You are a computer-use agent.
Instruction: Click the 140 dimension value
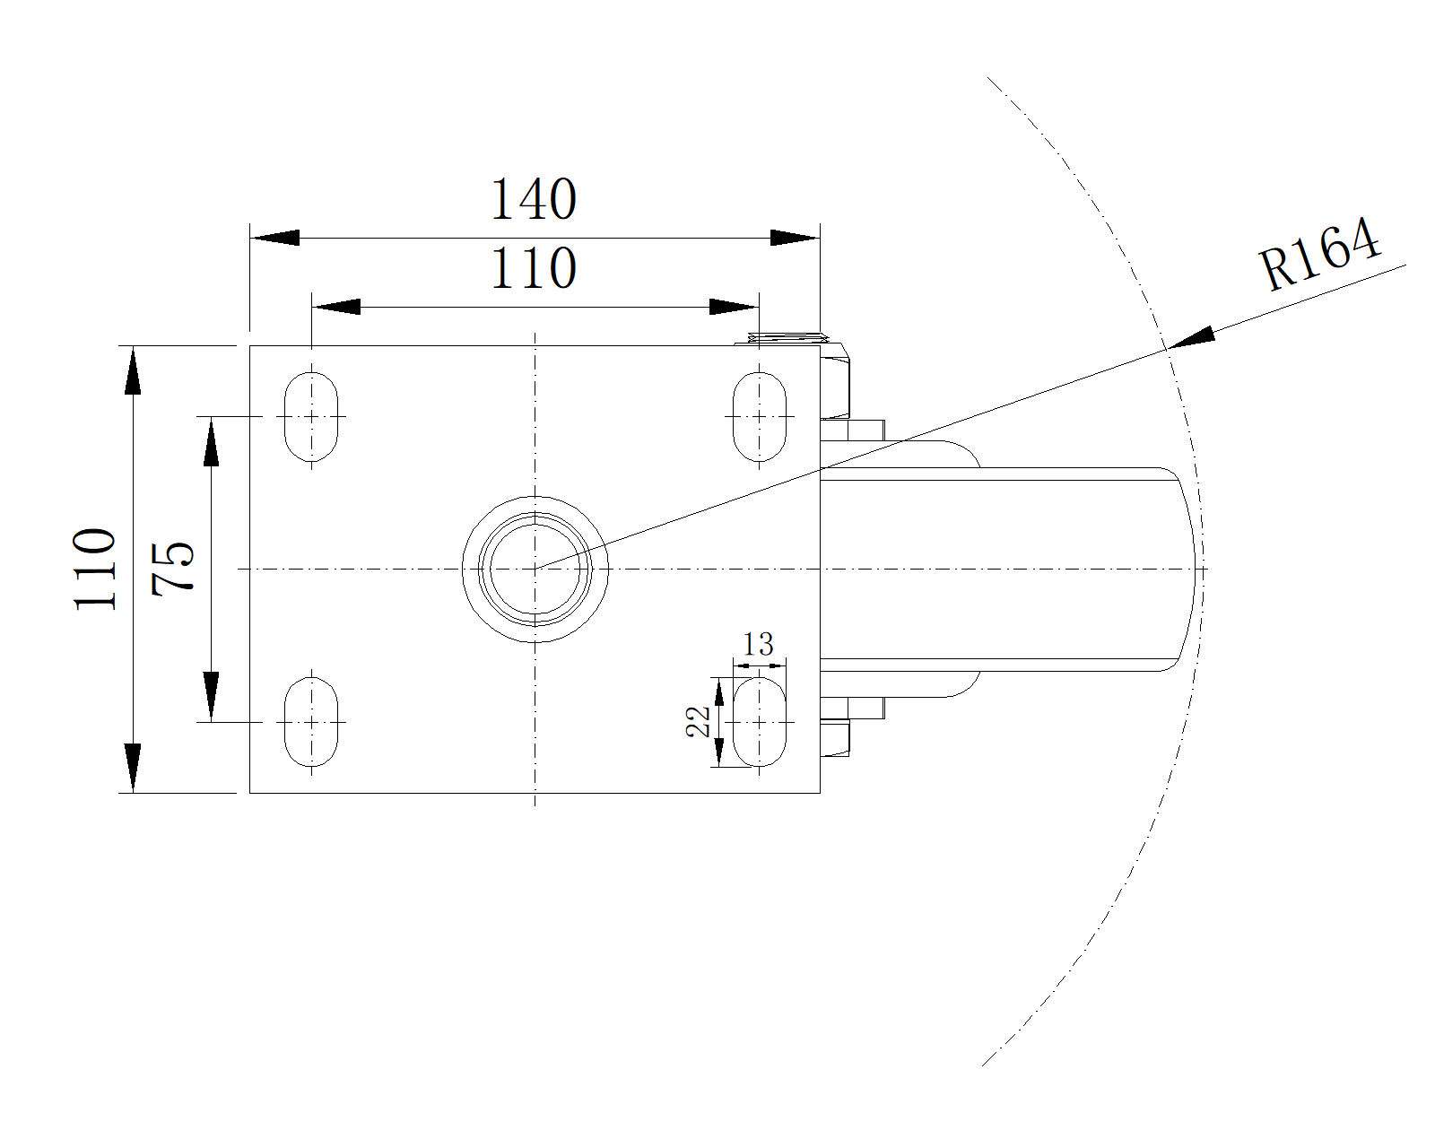tap(533, 199)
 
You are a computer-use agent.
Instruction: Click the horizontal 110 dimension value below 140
tap(533, 268)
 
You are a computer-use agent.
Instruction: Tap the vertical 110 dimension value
tap(96, 569)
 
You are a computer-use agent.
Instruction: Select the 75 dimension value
tap(172, 569)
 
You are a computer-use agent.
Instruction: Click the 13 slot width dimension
tap(758, 644)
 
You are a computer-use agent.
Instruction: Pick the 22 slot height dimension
tap(699, 721)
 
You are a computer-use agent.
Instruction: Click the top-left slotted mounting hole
tap(311, 416)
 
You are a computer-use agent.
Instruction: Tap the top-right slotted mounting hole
tap(760, 416)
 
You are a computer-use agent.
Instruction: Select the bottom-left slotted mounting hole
tap(311, 721)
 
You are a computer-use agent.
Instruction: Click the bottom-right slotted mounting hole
tap(760, 723)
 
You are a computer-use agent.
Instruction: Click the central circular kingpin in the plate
tap(535, 569)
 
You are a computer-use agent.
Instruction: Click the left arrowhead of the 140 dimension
tap(274, 238)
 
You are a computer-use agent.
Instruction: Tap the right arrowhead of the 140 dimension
tap(795, 238)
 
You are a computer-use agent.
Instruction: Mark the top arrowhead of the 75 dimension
tap(211, 441)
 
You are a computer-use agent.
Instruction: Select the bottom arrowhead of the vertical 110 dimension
tap(133, 768)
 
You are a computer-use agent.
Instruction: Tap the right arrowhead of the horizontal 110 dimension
tap(735, 307)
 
